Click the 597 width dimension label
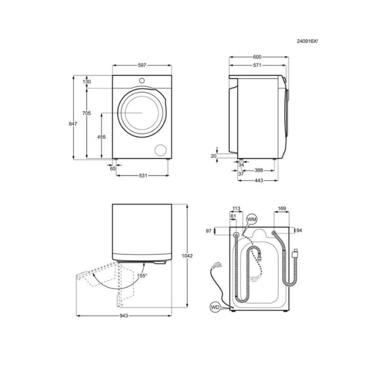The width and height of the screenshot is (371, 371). (x=142, y=65)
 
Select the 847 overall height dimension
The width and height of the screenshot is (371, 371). (x=73, y=123)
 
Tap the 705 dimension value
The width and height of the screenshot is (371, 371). (x=86, y=113)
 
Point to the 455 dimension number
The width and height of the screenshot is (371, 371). (x=102, y=137)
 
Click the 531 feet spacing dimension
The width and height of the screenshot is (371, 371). (x=143, y=175)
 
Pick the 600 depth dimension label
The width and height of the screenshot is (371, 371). (x=257, y=57)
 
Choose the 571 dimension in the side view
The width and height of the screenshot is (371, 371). (x=257, y=65)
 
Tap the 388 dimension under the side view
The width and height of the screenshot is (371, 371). (x=259, y=170)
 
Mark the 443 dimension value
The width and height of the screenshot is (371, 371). (x=259, y=180)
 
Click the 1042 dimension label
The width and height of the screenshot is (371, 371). (x=187, y=256)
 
